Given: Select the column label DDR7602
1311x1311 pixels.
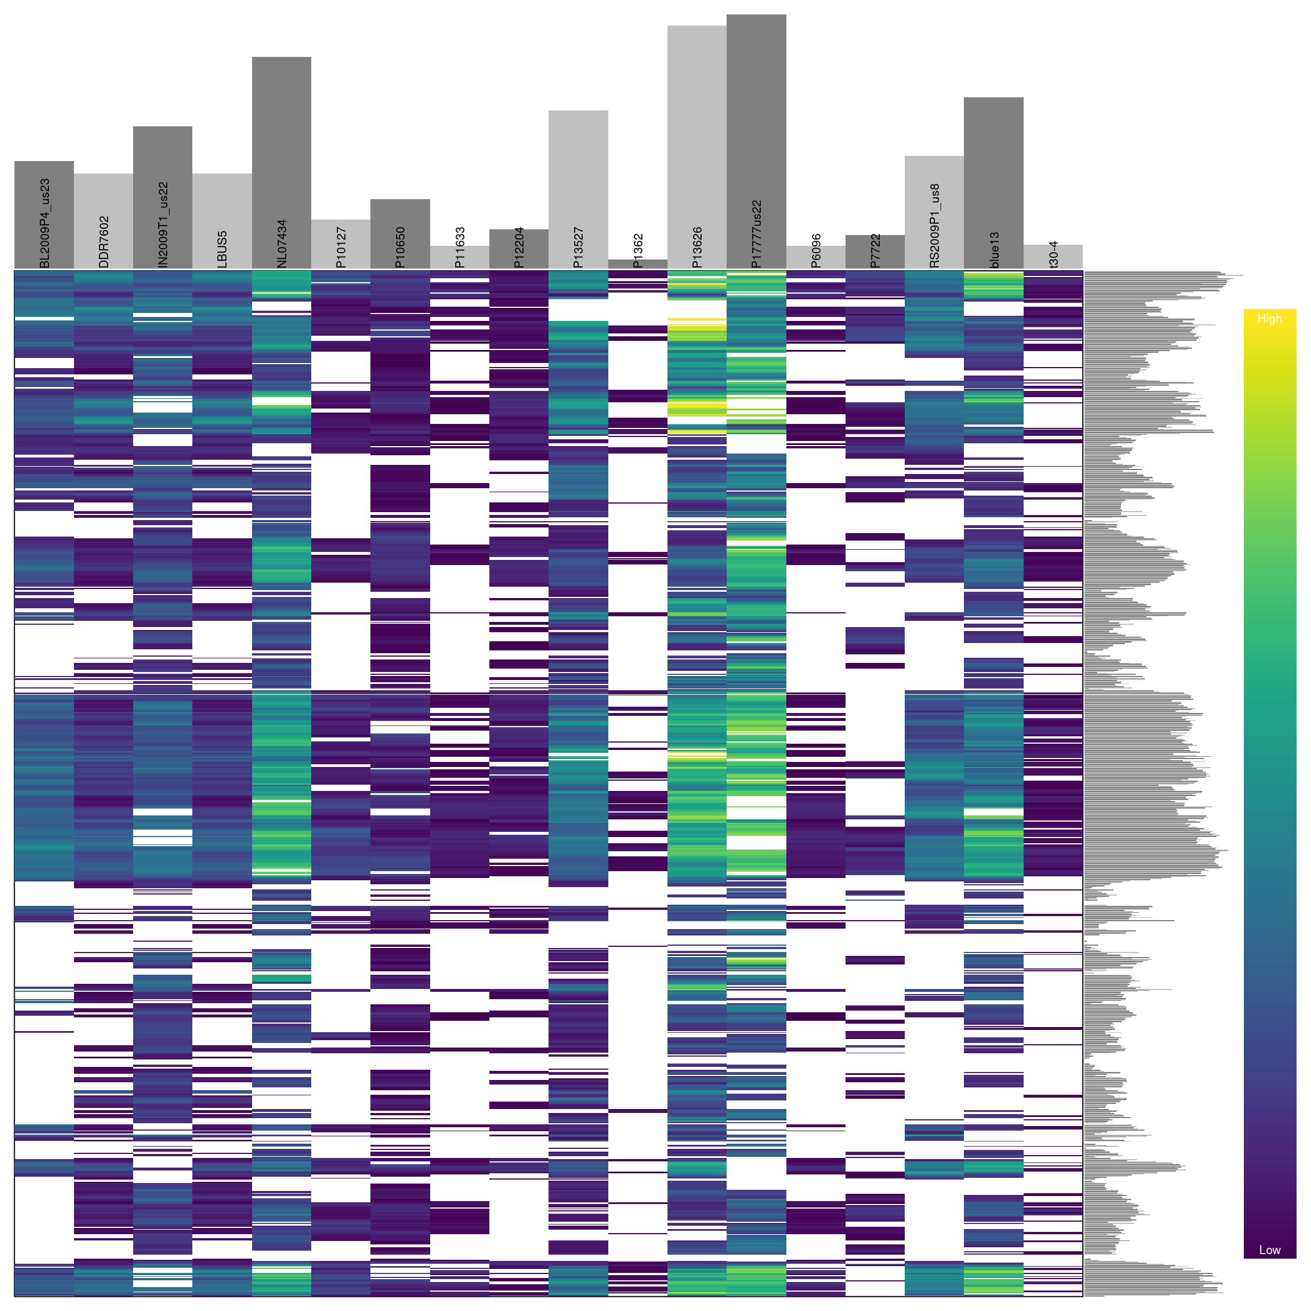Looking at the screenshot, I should pos(104,242).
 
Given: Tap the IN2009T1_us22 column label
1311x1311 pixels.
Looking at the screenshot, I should pos(163,225).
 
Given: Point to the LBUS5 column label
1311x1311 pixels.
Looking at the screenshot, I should pos(222,250).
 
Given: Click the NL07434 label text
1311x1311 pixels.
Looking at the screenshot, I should pos(282,244).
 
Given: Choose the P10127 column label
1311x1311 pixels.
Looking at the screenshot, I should pos(341,247).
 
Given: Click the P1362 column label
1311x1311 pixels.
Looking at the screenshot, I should pos(638,251).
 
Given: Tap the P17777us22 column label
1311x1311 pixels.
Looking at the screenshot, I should pos(757,234).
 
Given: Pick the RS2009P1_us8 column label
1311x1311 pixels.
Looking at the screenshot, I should pos(934,226).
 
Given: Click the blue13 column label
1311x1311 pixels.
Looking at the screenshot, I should pos(994,250).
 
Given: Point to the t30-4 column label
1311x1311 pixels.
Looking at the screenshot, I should pos(1053,254).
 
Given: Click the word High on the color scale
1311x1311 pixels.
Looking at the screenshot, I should pos(1269,319).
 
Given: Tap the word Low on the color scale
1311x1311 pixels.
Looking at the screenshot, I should pos(1269,1250).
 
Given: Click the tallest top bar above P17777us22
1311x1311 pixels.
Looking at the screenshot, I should pos(757,102).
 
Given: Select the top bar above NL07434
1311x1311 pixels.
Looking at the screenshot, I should pos(282,136).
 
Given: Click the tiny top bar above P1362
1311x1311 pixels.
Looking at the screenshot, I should pos(638,264).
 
